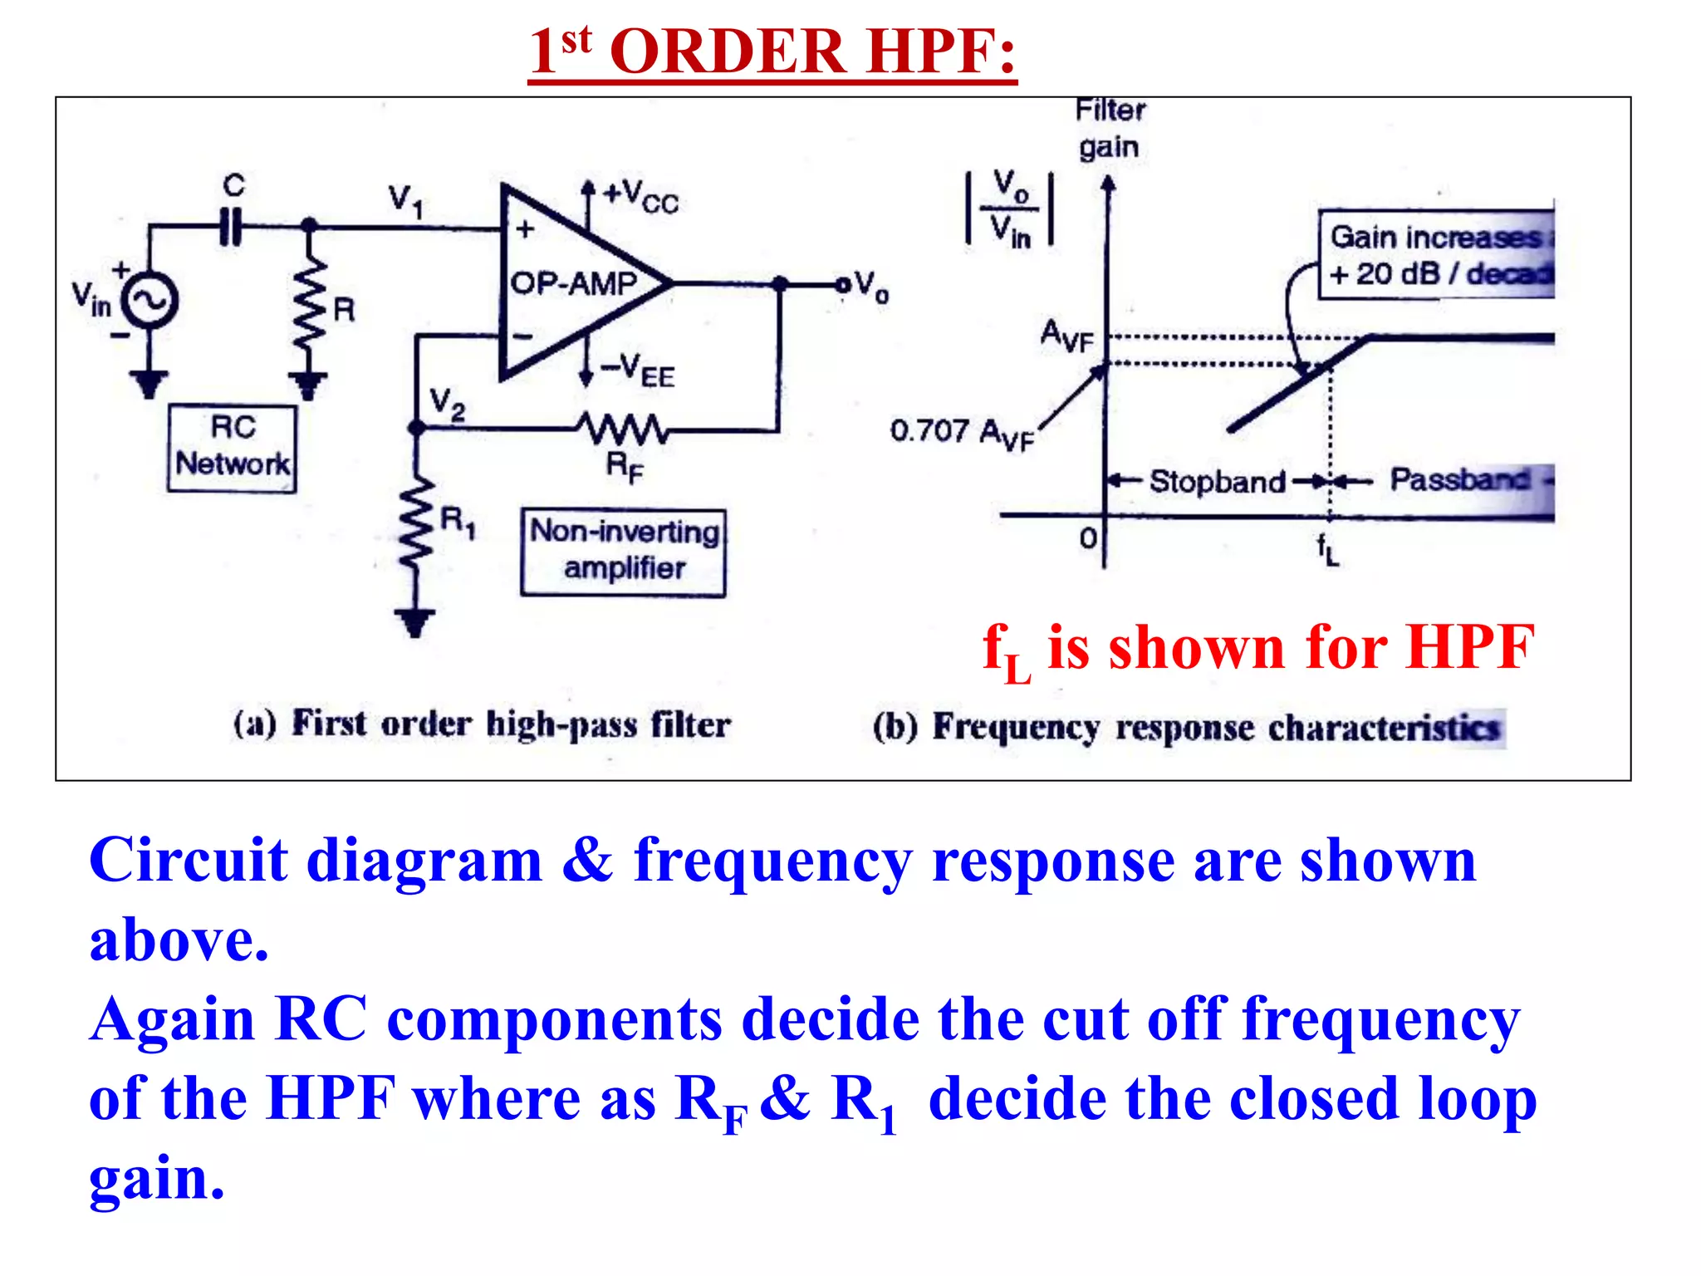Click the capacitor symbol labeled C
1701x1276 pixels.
231,226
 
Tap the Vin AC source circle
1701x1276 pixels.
150,301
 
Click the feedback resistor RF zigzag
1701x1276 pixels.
623,429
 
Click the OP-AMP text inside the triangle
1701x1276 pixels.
573,284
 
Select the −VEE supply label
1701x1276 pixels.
638,370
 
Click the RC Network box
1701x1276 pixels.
232,449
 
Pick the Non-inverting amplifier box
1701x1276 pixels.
624,552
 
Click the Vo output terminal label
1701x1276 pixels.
870,286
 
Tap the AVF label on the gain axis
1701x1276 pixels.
1067,336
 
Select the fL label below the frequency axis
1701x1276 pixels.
1327,548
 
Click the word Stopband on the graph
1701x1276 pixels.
1217,482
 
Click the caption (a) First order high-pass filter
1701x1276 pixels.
482,724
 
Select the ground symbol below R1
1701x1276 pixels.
414,621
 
